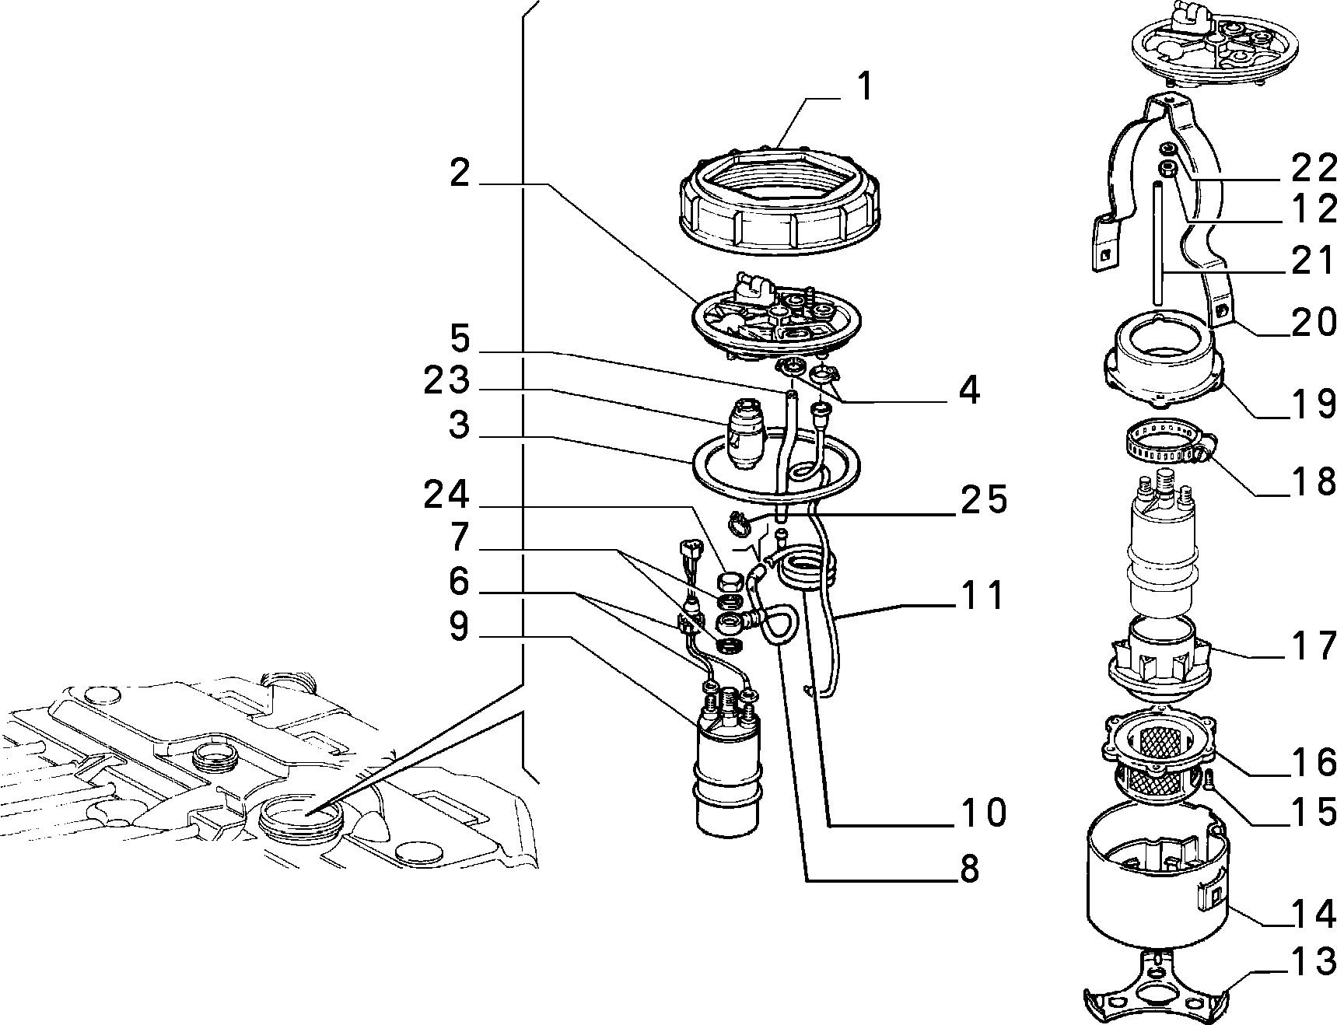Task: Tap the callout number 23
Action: click(447, 381)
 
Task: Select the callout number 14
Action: click(1314, 915)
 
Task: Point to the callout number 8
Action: click(969, 869)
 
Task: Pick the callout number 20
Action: click(1314, 323)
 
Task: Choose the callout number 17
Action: click(1314, 645)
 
